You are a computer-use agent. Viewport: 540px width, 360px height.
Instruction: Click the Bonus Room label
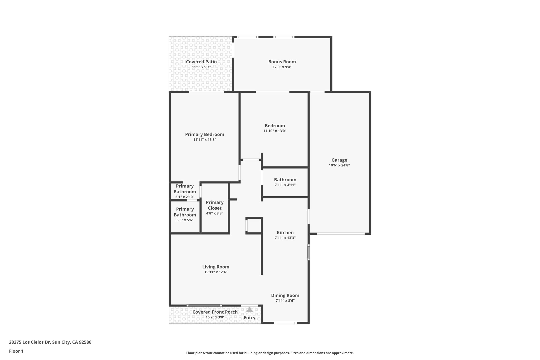point(282,62)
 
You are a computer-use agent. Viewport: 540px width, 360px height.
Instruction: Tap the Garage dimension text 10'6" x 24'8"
point(339,165)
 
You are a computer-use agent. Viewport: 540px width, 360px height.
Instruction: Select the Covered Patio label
point(201,62)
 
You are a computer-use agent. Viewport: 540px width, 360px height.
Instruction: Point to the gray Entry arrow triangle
point(249,310)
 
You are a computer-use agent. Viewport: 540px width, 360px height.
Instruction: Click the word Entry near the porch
point(249,318)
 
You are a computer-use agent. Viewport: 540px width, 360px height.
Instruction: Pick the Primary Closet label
point(215,205)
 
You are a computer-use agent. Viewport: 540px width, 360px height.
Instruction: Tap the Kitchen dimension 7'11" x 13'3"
point(285,238)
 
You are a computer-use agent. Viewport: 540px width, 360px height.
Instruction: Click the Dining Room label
point(285,295)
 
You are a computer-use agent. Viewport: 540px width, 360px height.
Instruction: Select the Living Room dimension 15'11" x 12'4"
point(216,272)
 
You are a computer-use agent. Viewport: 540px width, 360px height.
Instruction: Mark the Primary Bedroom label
point(205,134)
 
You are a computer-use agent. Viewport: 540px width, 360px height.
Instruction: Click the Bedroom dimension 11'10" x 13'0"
point(275,131)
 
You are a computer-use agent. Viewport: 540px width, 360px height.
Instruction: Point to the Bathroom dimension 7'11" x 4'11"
point(285,185)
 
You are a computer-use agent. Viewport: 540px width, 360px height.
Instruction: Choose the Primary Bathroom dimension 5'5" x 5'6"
point(185,220)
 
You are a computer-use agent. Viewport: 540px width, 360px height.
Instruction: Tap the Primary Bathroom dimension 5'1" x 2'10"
point(185,197)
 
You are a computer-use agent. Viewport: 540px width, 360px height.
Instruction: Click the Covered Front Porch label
point(215,312)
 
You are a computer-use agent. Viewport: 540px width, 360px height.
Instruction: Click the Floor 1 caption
point(16,351)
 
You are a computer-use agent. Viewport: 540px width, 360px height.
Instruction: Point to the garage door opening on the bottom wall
point(341,234)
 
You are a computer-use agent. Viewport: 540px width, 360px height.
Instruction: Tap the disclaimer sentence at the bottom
point(270,353)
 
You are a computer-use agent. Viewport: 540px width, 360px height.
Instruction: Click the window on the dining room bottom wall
point(285,323)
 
